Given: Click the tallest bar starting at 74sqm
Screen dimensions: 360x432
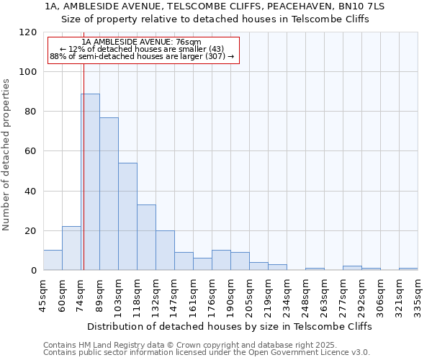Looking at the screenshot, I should click(90, 182).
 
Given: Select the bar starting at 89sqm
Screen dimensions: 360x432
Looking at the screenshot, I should click(109, 194).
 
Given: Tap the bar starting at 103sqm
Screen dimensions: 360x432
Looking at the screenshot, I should click(127, 217).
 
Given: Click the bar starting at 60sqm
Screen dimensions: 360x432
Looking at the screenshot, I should click(71, 248).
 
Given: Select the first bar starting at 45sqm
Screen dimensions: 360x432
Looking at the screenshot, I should click(53, 260).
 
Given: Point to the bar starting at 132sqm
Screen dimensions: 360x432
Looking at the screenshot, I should click(165, 251).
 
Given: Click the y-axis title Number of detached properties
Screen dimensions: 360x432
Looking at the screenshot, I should click(7, 155).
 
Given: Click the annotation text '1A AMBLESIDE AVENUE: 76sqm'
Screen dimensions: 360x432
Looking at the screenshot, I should click(142, 42).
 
